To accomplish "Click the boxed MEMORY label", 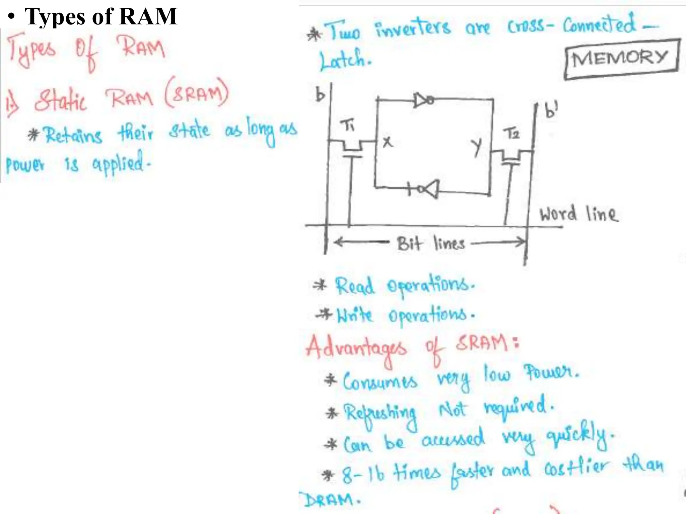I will [621, 59].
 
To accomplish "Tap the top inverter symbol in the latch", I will [424, 100].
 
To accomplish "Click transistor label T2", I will [511, 134].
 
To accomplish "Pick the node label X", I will [388, 142].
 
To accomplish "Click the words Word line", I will [579, 214].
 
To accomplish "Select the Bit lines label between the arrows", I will [431, 243].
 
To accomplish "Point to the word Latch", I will [345, 60].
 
